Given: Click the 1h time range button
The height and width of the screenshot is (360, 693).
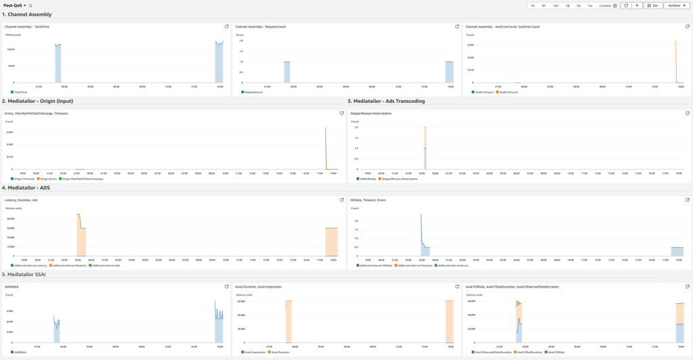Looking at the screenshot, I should tap(533, 5).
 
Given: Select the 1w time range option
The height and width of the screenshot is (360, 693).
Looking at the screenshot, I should tap(590, 5).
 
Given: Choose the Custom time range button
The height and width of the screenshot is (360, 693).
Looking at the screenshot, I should tap(604, 5).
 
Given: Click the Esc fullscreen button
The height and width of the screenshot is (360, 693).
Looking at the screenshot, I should tap(652, 5).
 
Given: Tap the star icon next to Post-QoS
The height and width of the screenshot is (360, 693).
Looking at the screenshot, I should tap(30, 5).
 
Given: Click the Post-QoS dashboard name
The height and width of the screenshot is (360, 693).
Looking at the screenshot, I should tap(14, 5).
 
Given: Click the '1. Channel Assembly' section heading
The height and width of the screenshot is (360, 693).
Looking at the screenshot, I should tap(27, 14).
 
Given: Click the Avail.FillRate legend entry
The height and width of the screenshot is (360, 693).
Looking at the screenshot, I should tap(557, 353).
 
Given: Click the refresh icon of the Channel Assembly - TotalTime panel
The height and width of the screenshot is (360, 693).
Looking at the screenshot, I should tap(226, 26).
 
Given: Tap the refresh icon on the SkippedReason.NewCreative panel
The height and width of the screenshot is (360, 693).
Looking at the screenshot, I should tap(686, 114).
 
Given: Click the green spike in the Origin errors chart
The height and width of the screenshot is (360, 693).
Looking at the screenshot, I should tap(326, 145).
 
